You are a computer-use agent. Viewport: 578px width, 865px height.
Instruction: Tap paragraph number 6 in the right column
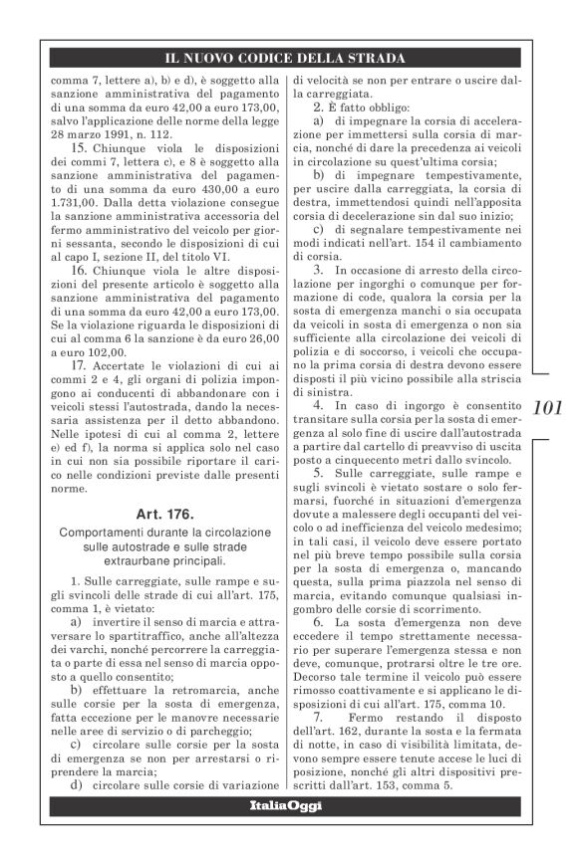pyautogui.click(x=317, y=620)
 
